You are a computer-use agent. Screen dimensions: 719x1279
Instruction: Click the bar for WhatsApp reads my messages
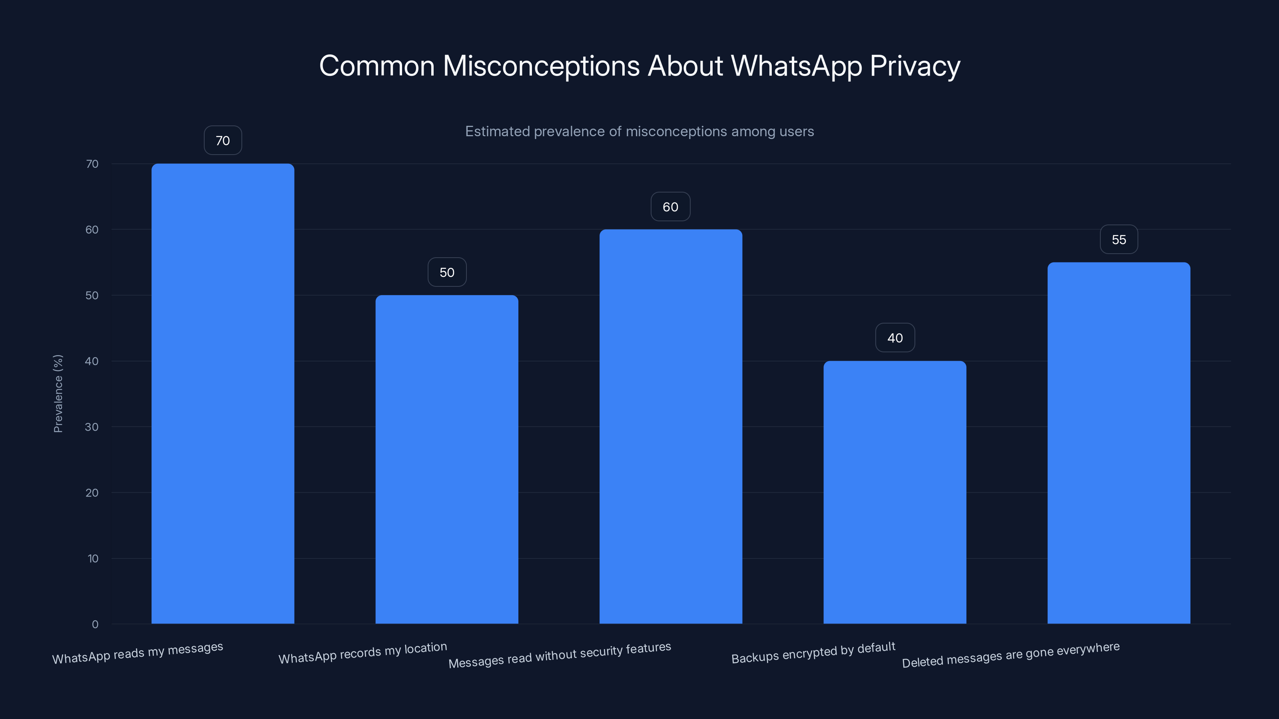223,393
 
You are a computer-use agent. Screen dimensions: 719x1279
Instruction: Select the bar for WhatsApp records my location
446,459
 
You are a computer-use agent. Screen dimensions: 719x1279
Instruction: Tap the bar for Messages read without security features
670,426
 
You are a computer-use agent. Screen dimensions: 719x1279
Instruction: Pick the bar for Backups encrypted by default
895,492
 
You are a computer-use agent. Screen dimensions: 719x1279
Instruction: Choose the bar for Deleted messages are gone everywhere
1119,443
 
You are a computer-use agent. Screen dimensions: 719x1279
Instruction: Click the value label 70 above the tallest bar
223,141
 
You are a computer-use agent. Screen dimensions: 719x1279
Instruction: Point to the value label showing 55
1119,240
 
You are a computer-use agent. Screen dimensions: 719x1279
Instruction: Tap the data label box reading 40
895,338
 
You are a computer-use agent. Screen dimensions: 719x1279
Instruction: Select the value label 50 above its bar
447,272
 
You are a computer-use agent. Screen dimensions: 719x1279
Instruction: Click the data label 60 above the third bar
670,207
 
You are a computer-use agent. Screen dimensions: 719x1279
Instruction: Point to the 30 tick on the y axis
92,427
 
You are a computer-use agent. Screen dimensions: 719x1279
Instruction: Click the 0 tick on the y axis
95,624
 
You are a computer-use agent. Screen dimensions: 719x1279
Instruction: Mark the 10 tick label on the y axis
93,559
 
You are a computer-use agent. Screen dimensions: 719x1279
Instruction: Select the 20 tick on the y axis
92,493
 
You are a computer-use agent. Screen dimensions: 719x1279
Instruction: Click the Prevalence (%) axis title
58,393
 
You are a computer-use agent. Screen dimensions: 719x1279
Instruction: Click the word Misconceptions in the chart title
541,66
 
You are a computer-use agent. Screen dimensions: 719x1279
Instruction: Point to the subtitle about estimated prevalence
639,131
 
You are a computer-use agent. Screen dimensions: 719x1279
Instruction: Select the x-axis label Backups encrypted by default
813,653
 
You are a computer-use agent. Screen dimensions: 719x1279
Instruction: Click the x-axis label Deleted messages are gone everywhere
1010,655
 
